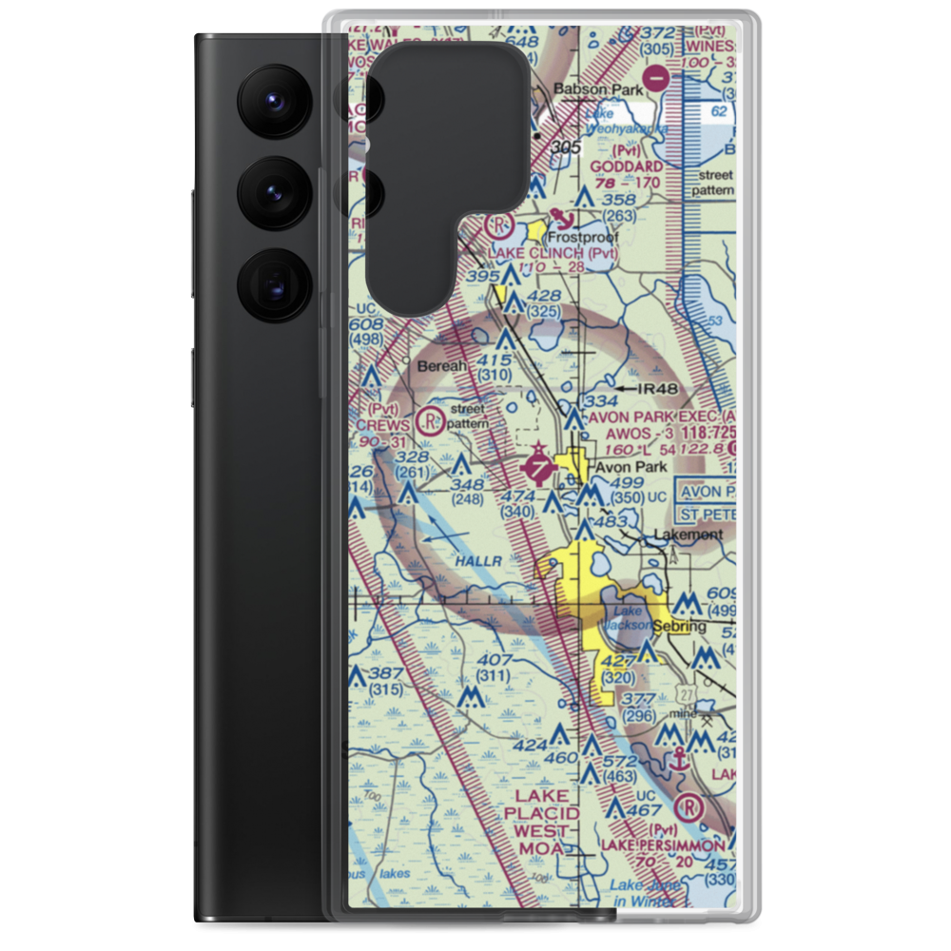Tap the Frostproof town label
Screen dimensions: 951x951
[584, 238]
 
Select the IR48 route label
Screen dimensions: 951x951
[662, 388]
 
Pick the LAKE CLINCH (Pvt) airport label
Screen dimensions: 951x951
[553, 254]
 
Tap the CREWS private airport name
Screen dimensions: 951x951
[385, 424]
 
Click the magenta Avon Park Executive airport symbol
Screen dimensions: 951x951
[538, 468]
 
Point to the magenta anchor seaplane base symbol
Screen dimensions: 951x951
[679, 759]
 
